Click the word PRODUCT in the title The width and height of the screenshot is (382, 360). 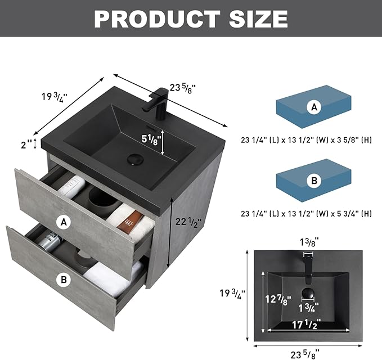pos(157,19)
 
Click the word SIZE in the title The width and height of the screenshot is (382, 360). pos(258,19)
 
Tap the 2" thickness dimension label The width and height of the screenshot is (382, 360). pos(26,145)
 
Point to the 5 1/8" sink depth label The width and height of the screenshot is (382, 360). pos(151,140)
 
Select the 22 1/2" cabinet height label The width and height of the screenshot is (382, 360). pos(188,222)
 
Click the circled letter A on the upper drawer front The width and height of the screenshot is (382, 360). pos(64,222)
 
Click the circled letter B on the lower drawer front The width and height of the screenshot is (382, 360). pos(64,280)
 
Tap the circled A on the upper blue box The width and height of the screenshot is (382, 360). pos(314,107)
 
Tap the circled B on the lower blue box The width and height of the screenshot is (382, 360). pos(314,181)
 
